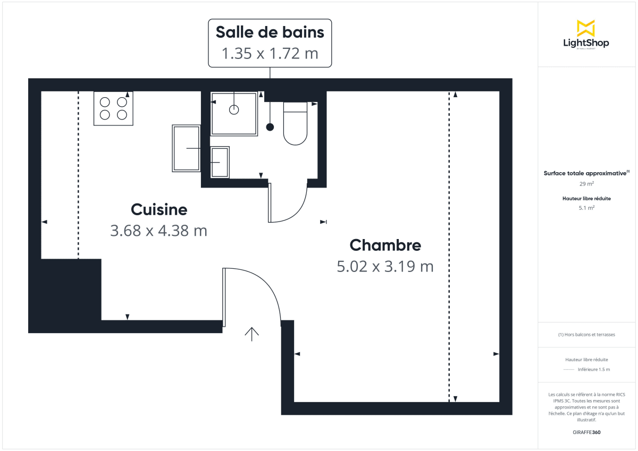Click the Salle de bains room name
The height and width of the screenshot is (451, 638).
tap(270, 32)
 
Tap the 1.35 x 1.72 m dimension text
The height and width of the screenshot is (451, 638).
tap(270, 54)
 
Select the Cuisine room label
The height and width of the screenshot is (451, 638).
tap(159, 209)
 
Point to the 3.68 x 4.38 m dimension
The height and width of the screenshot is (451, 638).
tap(158, 231)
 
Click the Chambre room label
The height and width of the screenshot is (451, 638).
tap(385, 245)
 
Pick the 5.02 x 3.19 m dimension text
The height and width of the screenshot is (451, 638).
tap(385, 266)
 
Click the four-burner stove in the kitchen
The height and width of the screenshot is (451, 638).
tap(113, 108)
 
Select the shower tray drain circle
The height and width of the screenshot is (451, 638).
tap(234, 110)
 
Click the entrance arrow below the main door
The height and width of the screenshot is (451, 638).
tap(251, 334)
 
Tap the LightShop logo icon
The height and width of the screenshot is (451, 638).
tap(585, 29)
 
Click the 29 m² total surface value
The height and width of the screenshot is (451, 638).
tap(586, 184)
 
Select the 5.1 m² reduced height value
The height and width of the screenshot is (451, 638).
tap(586, 208)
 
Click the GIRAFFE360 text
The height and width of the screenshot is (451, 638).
tap(586, 432)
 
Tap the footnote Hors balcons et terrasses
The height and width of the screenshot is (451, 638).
tap(586, 335)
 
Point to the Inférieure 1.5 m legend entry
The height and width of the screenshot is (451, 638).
tap(593, 369)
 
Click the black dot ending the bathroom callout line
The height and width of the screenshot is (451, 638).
tap(270, 127)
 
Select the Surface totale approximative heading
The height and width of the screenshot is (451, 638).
tap(585, 173)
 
